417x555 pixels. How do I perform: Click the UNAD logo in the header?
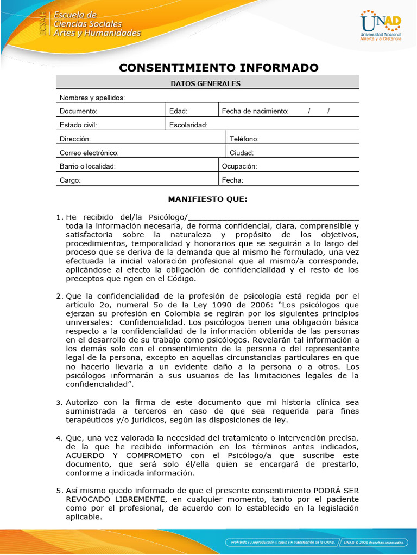[x=381, y=25]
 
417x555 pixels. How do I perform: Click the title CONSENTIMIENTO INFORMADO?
[x=219, y=68]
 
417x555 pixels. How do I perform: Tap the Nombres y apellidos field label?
[x=92, y=98]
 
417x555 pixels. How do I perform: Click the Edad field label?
[x=178, y=111]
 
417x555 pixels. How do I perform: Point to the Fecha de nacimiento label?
[x=255, y=111]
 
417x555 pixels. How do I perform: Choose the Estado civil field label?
[x=78, y=125]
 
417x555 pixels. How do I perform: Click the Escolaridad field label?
[x=188, y=125]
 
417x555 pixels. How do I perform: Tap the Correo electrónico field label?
[x=89, y=153]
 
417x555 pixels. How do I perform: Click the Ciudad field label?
[x=242, y=153]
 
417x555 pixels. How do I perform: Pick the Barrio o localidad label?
[x=87, y=166]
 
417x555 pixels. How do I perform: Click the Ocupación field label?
[x=239, y=166]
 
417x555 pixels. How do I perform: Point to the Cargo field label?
[x=70, y=180]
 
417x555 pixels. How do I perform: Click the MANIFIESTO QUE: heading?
[x=207, y=199]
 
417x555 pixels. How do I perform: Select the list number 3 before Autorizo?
[x=59, y=403]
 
